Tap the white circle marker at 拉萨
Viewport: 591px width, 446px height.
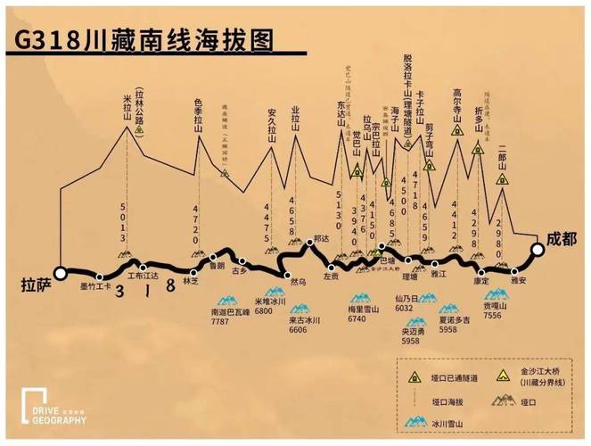pyautogui.click(x=61, y=274)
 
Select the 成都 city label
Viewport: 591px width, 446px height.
pyautogui.click(x=558, y=239)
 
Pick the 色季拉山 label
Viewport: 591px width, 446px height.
pyautogui.click(x=199, y=113)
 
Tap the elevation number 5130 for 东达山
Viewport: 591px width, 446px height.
pyautogui.click(x=340, y=214)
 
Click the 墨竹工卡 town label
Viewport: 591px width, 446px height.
pyautogui.click(x=95, y=287)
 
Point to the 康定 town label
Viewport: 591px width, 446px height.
pyautogui.click(x=482, y=281)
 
